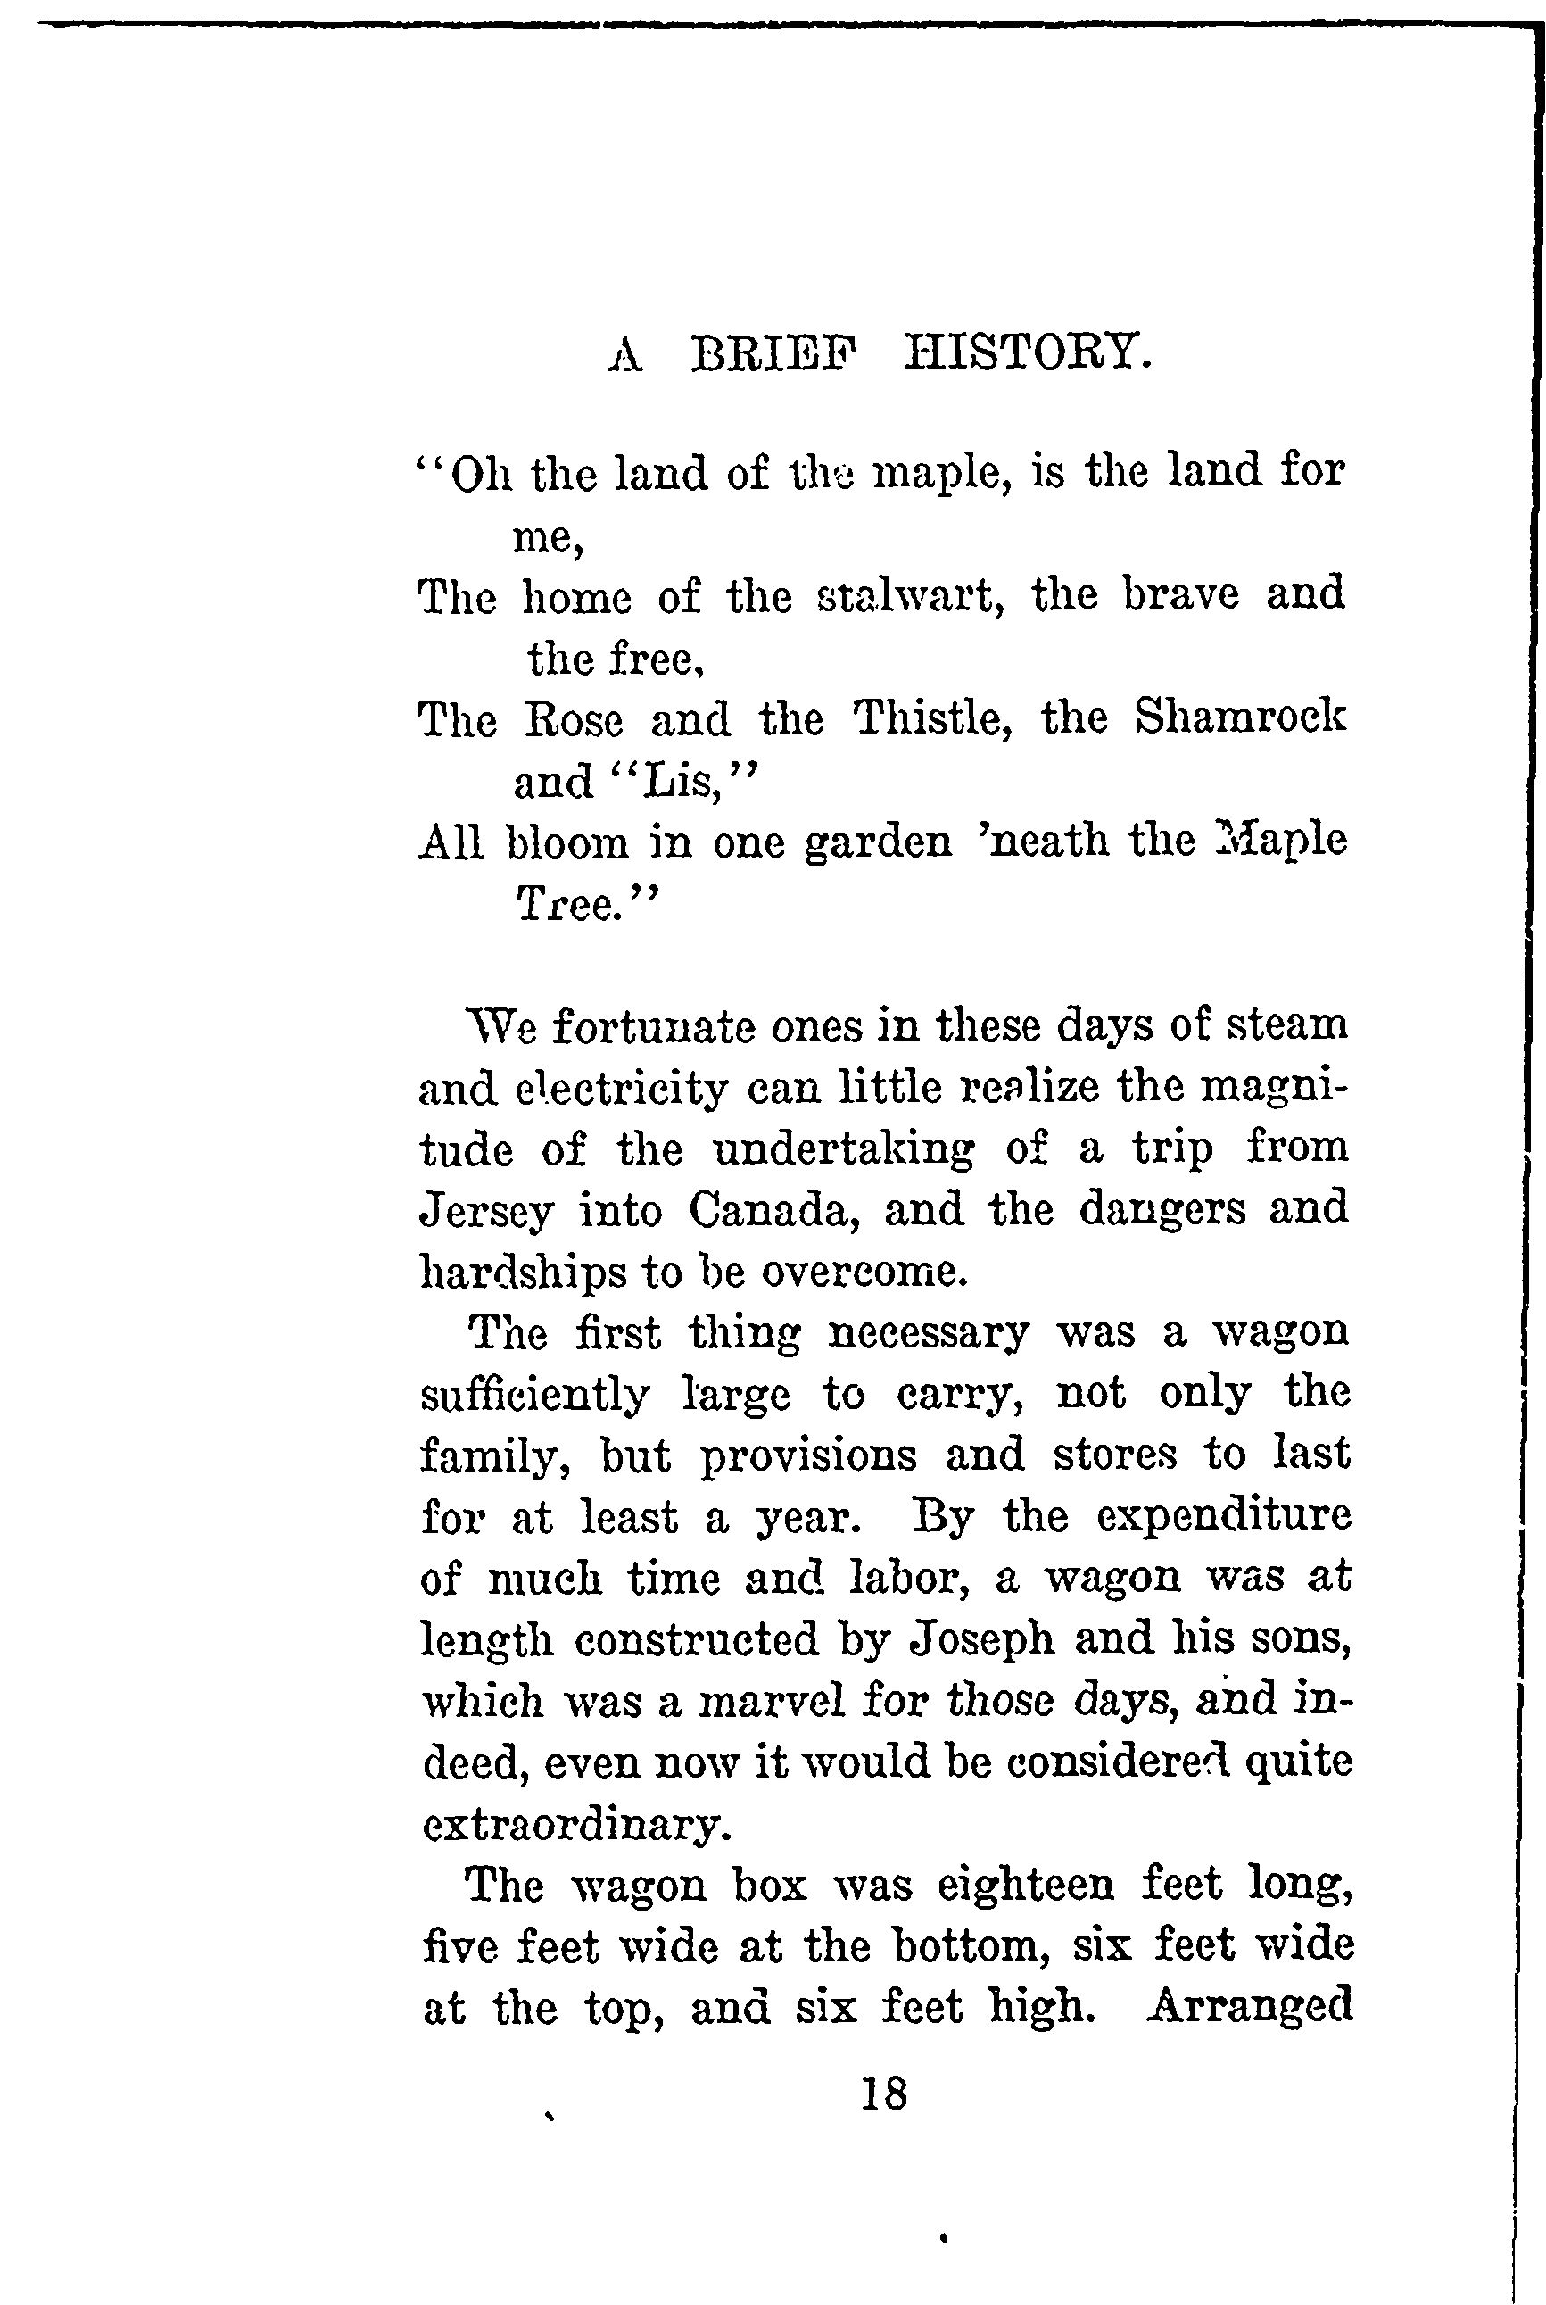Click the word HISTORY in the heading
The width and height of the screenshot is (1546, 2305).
[1027, 353]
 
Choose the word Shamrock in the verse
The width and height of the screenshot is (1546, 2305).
[1239, 718]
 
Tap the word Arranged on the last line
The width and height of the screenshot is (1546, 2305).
[1249, 2006]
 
